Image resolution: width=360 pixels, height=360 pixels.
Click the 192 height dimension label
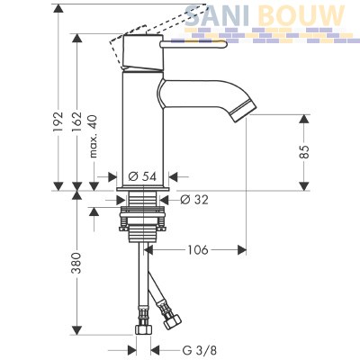(x=58, y=121)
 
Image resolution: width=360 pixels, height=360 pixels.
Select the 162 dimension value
(x=76, y=121)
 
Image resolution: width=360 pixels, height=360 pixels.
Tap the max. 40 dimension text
(x=94, y=136)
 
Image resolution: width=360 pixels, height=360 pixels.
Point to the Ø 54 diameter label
(x=142, y=176)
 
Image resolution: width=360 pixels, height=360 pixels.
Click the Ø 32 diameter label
(x=194, y=200)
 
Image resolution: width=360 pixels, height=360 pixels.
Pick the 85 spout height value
(x=304, y=151)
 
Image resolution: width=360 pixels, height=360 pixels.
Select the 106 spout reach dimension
(x=198, y=249)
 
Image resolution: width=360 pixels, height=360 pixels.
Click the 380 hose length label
(x=76, y=263)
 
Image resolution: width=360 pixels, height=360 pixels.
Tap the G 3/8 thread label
(x=199, y=350)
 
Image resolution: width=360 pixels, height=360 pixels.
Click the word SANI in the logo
(x=218, y=15)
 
